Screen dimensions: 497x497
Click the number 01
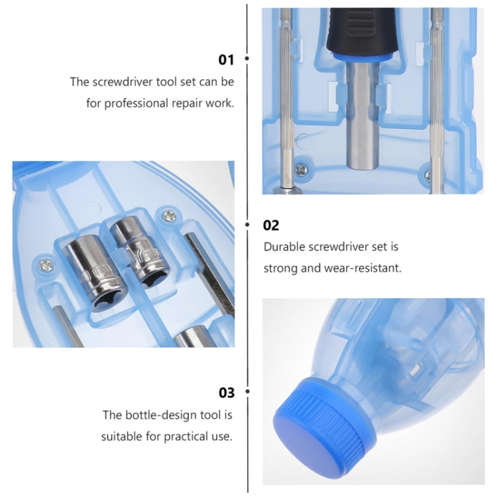tap(227, 60)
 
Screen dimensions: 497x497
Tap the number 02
tap(272, 225)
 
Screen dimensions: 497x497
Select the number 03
tap(227, 393)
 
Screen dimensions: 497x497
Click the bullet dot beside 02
tap(247, 225)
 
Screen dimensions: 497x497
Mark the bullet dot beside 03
tap(247, 392)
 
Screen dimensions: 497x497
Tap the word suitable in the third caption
tap(121, 437)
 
